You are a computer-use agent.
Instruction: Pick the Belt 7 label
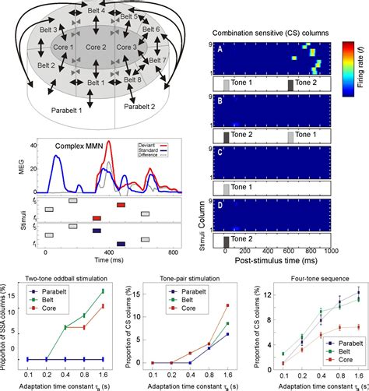click(x=157, y=60)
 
